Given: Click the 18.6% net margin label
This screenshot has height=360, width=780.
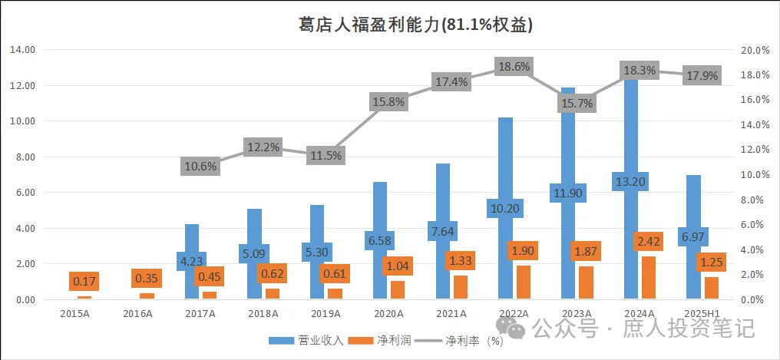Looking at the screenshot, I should [514, 67].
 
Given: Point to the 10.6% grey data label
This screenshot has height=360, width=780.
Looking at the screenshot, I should [200, 165].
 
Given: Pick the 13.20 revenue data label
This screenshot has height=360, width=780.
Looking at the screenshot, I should [631, 182].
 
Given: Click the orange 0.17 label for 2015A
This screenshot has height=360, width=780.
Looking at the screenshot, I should [84, 282].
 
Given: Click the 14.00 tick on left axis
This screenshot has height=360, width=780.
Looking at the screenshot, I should [23, 50].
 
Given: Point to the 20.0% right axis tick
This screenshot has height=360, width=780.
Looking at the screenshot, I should [755, 50].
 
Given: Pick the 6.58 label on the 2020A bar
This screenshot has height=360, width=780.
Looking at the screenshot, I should [379, 240].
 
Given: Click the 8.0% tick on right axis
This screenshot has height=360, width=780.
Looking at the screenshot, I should [755, 200].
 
